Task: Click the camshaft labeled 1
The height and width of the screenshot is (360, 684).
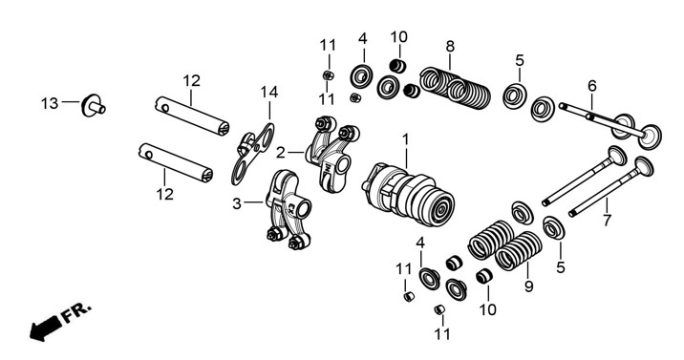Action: [x=408, y=195]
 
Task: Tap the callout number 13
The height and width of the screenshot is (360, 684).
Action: [x=50, y=104]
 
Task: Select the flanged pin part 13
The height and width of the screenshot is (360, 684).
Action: [x=93, y=105]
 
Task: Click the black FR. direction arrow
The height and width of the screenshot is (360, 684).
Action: [x=45, y=328]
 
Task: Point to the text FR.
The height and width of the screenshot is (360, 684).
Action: [x=75, y=312]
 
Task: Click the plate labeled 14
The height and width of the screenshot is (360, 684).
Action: [x=252, y=154]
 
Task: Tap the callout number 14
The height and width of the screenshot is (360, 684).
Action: [x=269, y=93]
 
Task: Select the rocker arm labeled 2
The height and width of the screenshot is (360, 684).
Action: [x=331, y=153]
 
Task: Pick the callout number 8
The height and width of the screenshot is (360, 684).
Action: [x=450, y=46]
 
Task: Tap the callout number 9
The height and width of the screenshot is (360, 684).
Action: [x=528, y=286]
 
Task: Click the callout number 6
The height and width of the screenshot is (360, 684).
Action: [x=592, y=86]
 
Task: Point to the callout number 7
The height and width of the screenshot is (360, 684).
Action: [x=607, y=220]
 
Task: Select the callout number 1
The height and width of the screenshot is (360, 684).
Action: [x=406, y=140]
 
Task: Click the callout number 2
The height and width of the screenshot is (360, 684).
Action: [x=281, y=153]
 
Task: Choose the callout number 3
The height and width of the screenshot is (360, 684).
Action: [x=236, y=203]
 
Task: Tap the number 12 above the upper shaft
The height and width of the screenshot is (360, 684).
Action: [x=191, y=80]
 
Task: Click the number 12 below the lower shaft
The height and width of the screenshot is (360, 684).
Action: [x=165, y=194]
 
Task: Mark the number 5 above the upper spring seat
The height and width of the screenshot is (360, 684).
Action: [x=519, y=60]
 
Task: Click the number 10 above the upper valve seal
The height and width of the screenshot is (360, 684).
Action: [x=398, y=37]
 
